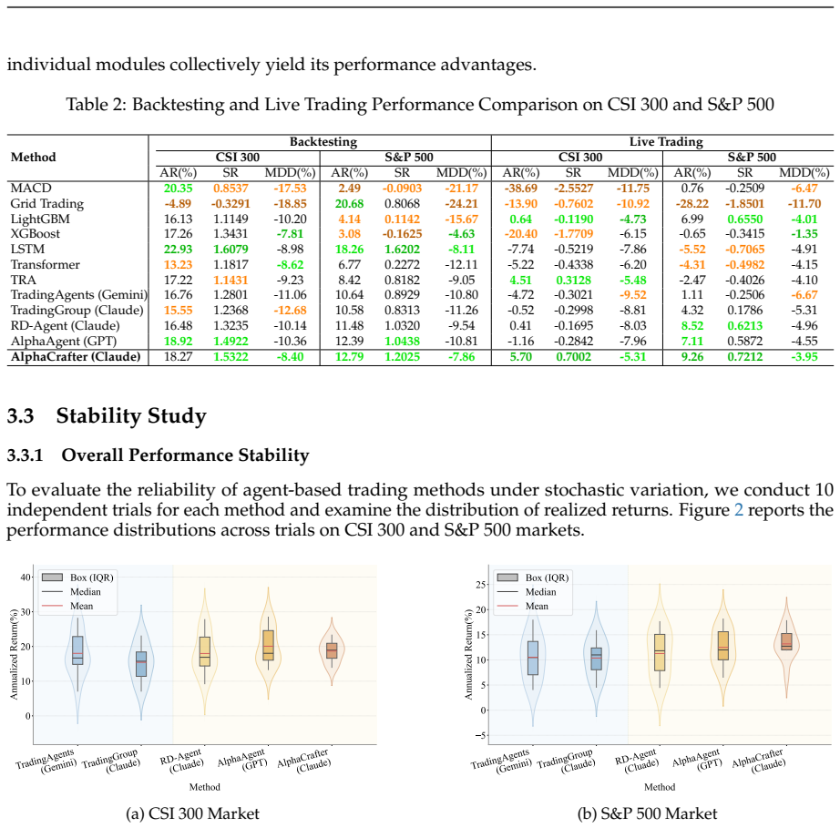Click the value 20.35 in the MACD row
[x=178, y=189]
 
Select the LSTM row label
[x=28, y=250]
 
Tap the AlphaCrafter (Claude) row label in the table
[x=76, y=357]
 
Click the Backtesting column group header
[x=323, y=142]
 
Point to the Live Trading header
[x=666, y=142]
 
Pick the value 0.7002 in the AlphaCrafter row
[x=573, y=357]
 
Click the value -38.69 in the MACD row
[x=521, y=189]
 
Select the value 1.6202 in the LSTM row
[x=402, y=250]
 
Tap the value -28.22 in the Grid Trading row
[x=692, y=204]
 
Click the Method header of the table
[x=33, y=158]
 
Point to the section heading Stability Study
[x=131, y=416]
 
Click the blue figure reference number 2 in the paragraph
[x=738, y=509]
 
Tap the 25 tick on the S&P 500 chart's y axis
[x=481, y=584]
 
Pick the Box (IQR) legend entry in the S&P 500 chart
[x=533, y=578]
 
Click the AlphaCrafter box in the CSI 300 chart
[x=333, y=650]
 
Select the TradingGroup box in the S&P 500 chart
[x=596, y=659]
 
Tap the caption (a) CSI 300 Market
[x=192, y=814]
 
